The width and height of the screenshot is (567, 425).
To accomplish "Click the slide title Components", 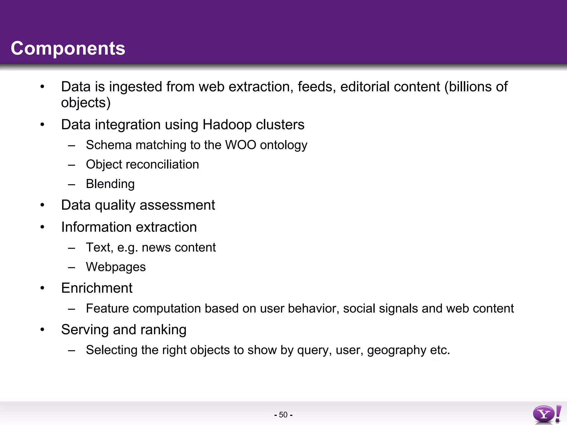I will coord(68,48).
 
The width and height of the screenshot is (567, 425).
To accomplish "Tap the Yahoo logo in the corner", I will coord(547,414).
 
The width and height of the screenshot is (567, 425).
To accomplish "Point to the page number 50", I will coord(283,415).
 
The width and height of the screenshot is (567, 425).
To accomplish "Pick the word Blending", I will coord(110,184).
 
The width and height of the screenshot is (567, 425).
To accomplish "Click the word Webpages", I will coord(116,267).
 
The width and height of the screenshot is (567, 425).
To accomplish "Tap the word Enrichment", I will coord(97,288).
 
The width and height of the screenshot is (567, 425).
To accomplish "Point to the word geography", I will coord(396,351).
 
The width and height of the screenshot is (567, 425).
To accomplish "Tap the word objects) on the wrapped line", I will coord(86,103).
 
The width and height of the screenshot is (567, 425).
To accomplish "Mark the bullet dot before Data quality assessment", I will coord(42,205).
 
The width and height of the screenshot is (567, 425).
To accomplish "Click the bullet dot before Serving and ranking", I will coord(42,330).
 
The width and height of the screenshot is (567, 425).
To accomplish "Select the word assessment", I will coord(177,205).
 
